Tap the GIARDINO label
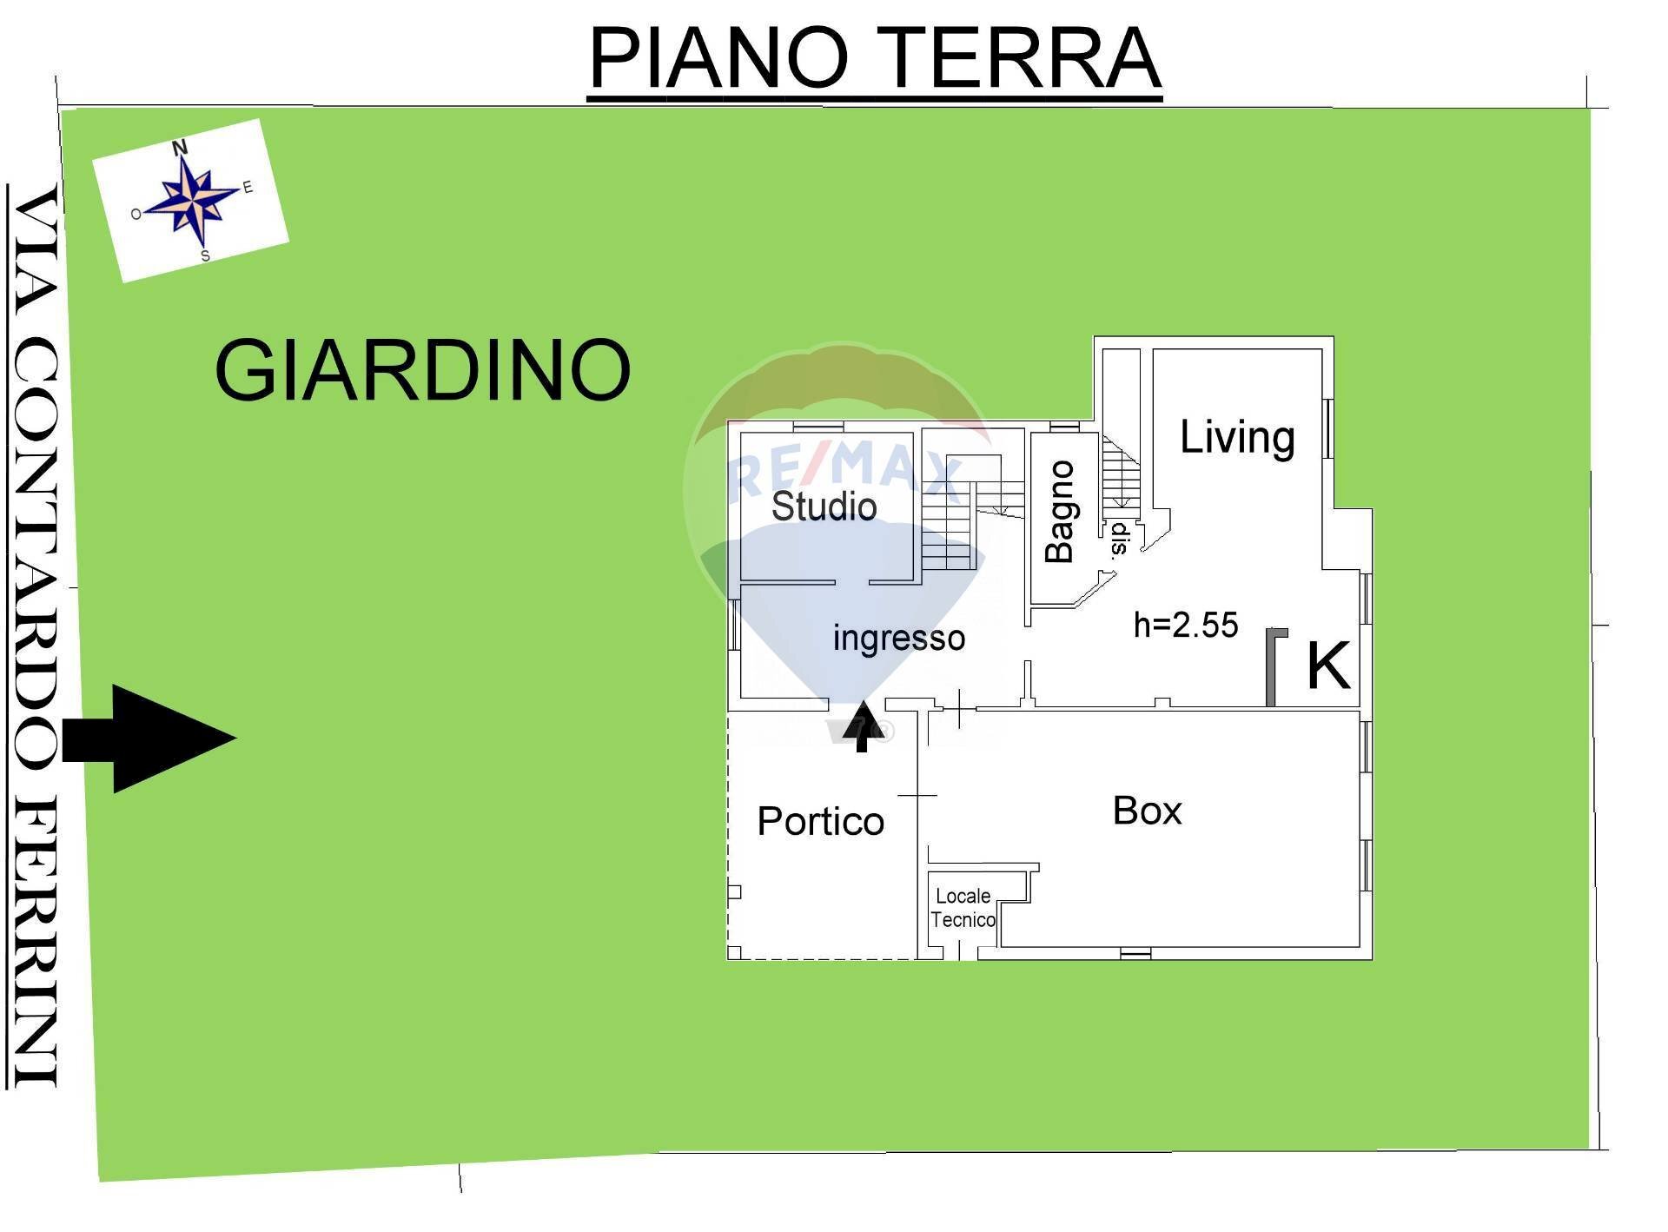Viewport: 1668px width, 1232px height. (422, 370)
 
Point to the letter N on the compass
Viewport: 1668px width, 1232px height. (180, 148)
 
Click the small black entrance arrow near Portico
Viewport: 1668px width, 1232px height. (863, 726)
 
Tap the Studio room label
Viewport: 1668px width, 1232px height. (824, 507)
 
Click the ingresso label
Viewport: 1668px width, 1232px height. (898, 638)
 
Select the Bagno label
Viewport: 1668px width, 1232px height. (1060, 512)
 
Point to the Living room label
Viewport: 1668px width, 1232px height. (1237, 437)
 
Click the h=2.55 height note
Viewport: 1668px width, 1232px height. (1186, 625)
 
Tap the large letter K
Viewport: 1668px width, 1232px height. (1328, 666)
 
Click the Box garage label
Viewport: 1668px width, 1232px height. (1147, 811)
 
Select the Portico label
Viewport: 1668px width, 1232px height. (820, 821)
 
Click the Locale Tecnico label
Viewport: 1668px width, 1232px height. (963, 908)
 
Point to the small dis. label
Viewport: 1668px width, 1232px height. (1118, 539)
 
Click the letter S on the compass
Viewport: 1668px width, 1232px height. (205, 256)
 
